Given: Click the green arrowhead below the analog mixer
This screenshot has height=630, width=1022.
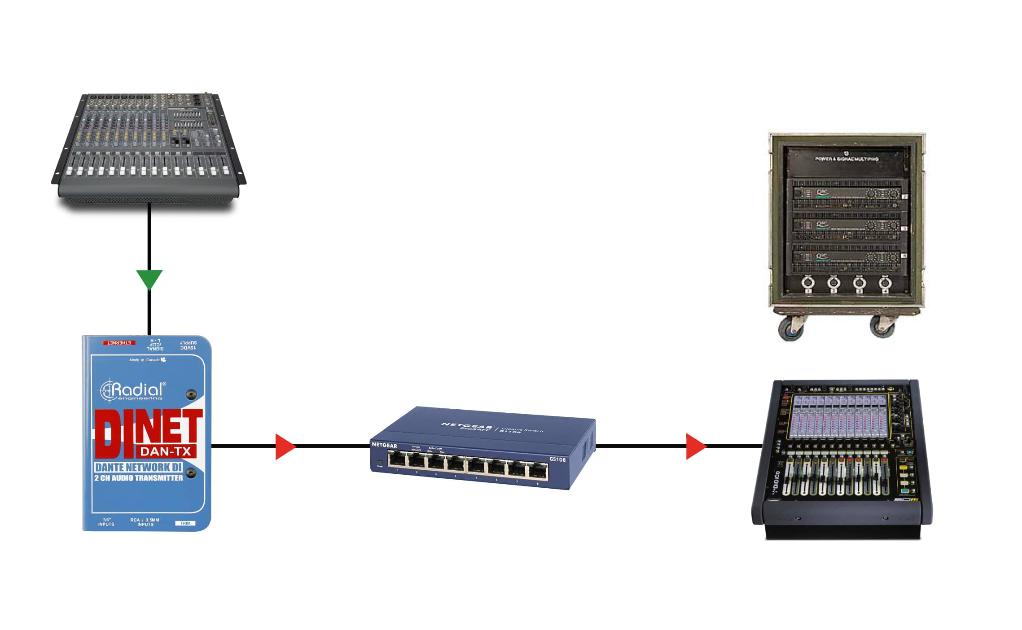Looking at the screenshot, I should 149,279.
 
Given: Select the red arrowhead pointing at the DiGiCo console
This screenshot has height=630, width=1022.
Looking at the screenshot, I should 695,446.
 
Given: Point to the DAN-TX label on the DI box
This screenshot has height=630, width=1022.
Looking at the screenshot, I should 166,451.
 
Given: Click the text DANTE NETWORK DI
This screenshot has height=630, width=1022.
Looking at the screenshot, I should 138,467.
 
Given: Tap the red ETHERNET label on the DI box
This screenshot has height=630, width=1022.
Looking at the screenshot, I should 119,343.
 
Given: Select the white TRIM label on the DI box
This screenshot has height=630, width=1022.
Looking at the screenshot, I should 185,523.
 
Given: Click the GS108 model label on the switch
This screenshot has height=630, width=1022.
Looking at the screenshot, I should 557,459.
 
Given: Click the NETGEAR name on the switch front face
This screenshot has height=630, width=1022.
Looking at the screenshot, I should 384,445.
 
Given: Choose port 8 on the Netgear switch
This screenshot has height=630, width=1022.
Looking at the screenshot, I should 538,472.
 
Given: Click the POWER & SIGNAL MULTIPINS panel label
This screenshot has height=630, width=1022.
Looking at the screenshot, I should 847,159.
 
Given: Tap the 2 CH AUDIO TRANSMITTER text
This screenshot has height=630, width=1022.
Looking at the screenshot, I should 138,478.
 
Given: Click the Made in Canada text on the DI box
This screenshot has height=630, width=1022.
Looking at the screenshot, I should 145,360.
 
